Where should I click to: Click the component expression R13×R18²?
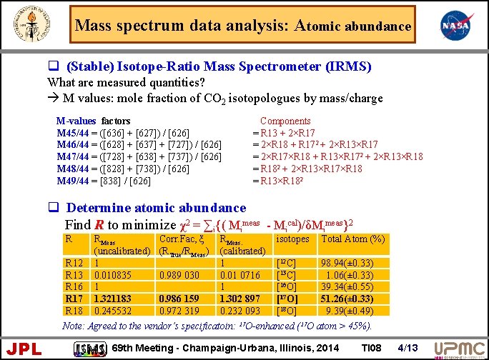[285, 181]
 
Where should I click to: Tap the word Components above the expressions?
[285, 121]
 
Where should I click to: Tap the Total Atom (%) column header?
[354, 239]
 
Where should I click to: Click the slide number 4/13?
[408, 348]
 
